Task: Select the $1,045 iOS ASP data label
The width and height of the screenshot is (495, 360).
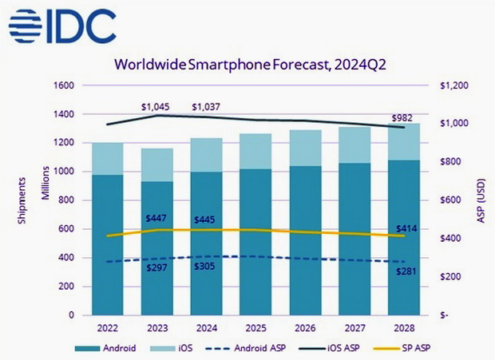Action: (156, 107)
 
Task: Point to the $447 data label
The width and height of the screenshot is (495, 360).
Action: (156, 219)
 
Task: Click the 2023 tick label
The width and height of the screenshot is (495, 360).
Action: (157, 326)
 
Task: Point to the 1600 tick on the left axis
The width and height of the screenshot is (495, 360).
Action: (65, 85)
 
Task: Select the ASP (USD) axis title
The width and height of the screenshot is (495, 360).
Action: (481, 200)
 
